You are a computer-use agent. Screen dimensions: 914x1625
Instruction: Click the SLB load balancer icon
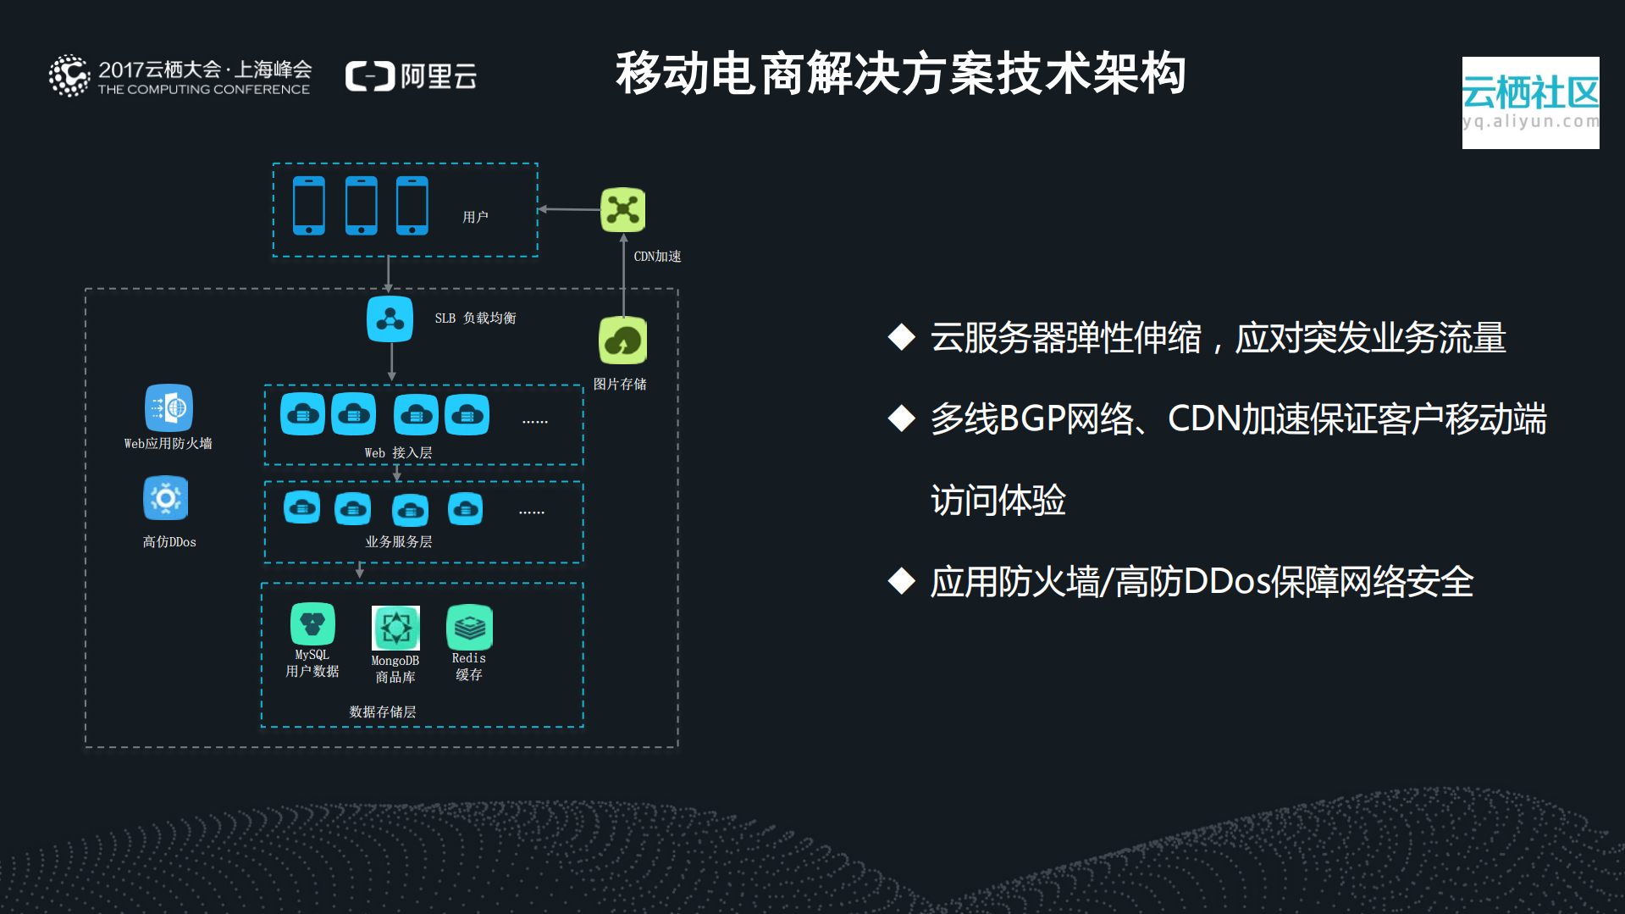[x=390, y=319]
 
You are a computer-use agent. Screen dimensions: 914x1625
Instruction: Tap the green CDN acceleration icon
[x=623, y=209]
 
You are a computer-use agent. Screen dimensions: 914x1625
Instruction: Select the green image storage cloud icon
[x=623, y=341]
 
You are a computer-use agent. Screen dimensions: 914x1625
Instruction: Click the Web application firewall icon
[x=169, y=408]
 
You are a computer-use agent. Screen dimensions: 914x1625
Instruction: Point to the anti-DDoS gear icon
[x=166, y=498]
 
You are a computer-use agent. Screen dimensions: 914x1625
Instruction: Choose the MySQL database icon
[x=312, y=624]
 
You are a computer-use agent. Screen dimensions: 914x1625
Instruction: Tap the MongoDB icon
[x=395, y=628]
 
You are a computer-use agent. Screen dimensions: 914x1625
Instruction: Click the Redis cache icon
[x=469, y=628]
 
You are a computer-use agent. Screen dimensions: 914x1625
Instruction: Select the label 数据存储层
[x=383, y=712]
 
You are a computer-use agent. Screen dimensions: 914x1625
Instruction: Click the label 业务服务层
[x=399, y=541]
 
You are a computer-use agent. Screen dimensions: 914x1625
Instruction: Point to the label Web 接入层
[x=398, y=453]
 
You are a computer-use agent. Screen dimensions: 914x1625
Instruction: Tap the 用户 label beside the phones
[x=475, y=217]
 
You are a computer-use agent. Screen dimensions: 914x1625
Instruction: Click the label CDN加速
[x=657, y=256]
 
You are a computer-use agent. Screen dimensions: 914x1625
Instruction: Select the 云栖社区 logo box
[x=1530, y=102]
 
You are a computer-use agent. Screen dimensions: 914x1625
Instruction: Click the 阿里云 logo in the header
[x=412, y=76]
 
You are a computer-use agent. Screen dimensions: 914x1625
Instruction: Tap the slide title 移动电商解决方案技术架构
[x=900, y=74]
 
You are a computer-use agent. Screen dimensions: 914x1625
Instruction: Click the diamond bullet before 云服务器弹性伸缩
[x=902, y=337]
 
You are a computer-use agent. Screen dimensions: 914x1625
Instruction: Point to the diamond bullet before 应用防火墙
[x=902, y=581]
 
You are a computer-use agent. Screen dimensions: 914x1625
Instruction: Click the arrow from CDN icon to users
[x=569, y=209]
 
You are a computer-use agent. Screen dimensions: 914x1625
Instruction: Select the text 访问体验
[x=998, y=500]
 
